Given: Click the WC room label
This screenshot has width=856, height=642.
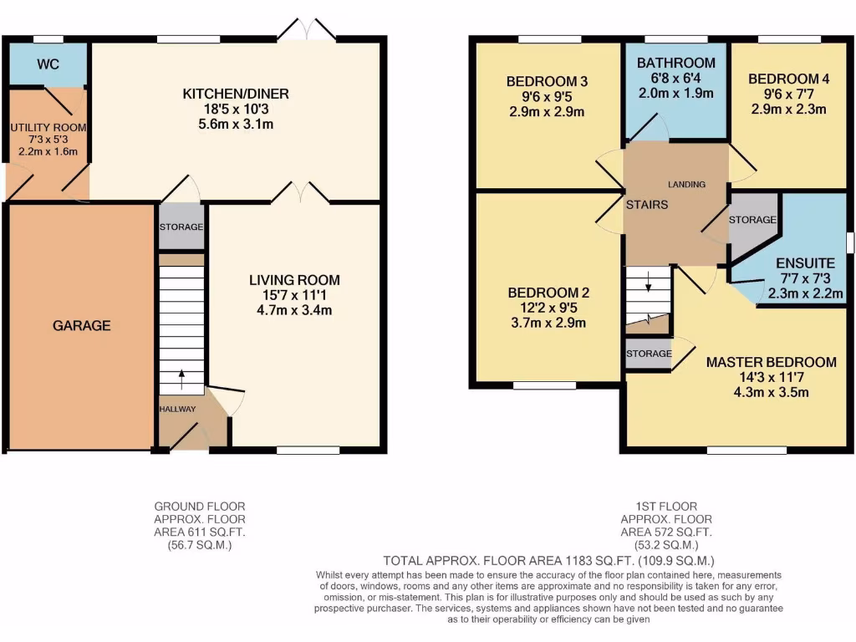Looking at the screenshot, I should click(x=48, y=64).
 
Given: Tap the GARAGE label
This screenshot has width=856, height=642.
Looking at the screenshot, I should click(x=82, y=325).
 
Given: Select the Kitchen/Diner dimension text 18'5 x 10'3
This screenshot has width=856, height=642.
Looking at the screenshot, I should click(x=236, y=109).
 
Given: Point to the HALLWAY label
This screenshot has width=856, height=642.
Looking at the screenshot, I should click(x=177, y=409).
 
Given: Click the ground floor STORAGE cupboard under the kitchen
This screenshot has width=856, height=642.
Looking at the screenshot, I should click(x=181, y=227).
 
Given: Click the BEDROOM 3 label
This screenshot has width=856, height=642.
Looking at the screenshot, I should click(x=548, y=81).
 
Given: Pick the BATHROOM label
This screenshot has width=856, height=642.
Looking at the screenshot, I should click(x=676, y=63).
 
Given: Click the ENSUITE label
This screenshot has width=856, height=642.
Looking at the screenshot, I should click(x=805, y=263).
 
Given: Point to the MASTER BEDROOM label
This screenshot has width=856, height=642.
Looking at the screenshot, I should click(x=771, y=362).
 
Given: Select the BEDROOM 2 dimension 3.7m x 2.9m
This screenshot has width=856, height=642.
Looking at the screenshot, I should click(x=548, y=323).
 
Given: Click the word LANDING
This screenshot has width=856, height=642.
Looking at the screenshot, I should click(x=686, y=184).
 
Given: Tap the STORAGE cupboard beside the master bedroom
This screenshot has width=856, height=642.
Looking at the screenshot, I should click(x=649, y=354).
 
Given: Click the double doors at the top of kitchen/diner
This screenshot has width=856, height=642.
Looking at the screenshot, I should click(x=306, y=30).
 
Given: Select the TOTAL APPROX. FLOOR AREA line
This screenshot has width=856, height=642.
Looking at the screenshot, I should click(x=549, y=560).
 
